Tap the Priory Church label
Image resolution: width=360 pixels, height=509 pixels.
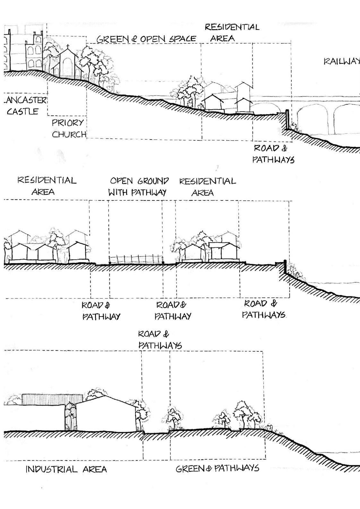(69, 128)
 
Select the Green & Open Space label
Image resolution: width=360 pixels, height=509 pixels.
(146, 39)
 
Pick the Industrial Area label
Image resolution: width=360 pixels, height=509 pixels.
(66, 470)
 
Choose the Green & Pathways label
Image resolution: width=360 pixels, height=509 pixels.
(217, 469)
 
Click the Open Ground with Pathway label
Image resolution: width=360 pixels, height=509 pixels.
(138, 187)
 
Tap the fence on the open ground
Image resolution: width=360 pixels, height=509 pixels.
(136, 259)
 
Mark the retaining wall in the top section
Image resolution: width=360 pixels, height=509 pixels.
(287, 120)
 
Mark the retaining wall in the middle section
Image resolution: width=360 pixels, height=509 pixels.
(284, 267)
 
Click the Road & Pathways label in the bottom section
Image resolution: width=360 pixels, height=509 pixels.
(159, 340)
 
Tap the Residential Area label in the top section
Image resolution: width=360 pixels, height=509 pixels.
(232, 32)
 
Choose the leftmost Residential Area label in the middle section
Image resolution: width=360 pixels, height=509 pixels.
(47, 186)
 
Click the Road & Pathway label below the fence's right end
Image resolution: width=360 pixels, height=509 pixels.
(173, 310)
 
